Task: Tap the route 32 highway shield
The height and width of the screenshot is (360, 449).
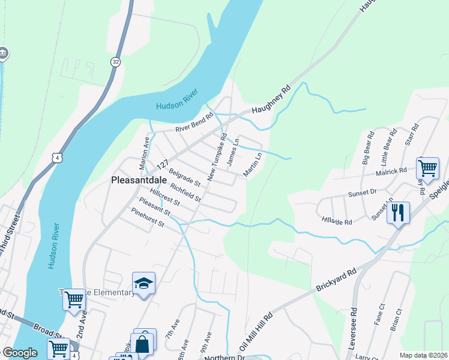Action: click(115, 61)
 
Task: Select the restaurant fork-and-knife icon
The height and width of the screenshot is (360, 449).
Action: click(398, 212)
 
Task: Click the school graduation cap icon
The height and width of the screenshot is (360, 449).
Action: click(144, 283)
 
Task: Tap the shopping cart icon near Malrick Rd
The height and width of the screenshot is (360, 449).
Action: click(427, 168)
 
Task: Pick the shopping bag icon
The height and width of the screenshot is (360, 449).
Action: click(142, 344)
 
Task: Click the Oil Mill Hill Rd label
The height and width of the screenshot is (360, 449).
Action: click(257, 331)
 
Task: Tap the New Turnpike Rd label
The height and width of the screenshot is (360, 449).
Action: click(217, 157)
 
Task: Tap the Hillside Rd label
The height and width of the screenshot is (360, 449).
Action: click(336, 221)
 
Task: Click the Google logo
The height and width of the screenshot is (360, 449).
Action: click(20, 353)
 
